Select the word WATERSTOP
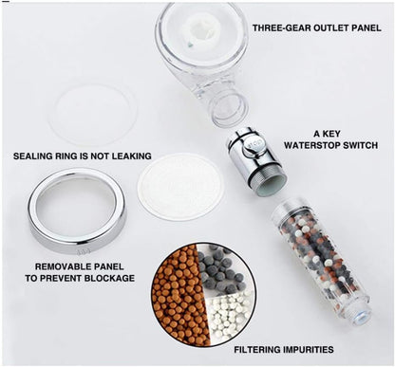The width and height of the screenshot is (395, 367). [x=314, y=145]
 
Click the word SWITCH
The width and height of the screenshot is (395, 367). [x=363, y=145]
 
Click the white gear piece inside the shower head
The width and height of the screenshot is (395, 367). [x=201, y=30]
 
